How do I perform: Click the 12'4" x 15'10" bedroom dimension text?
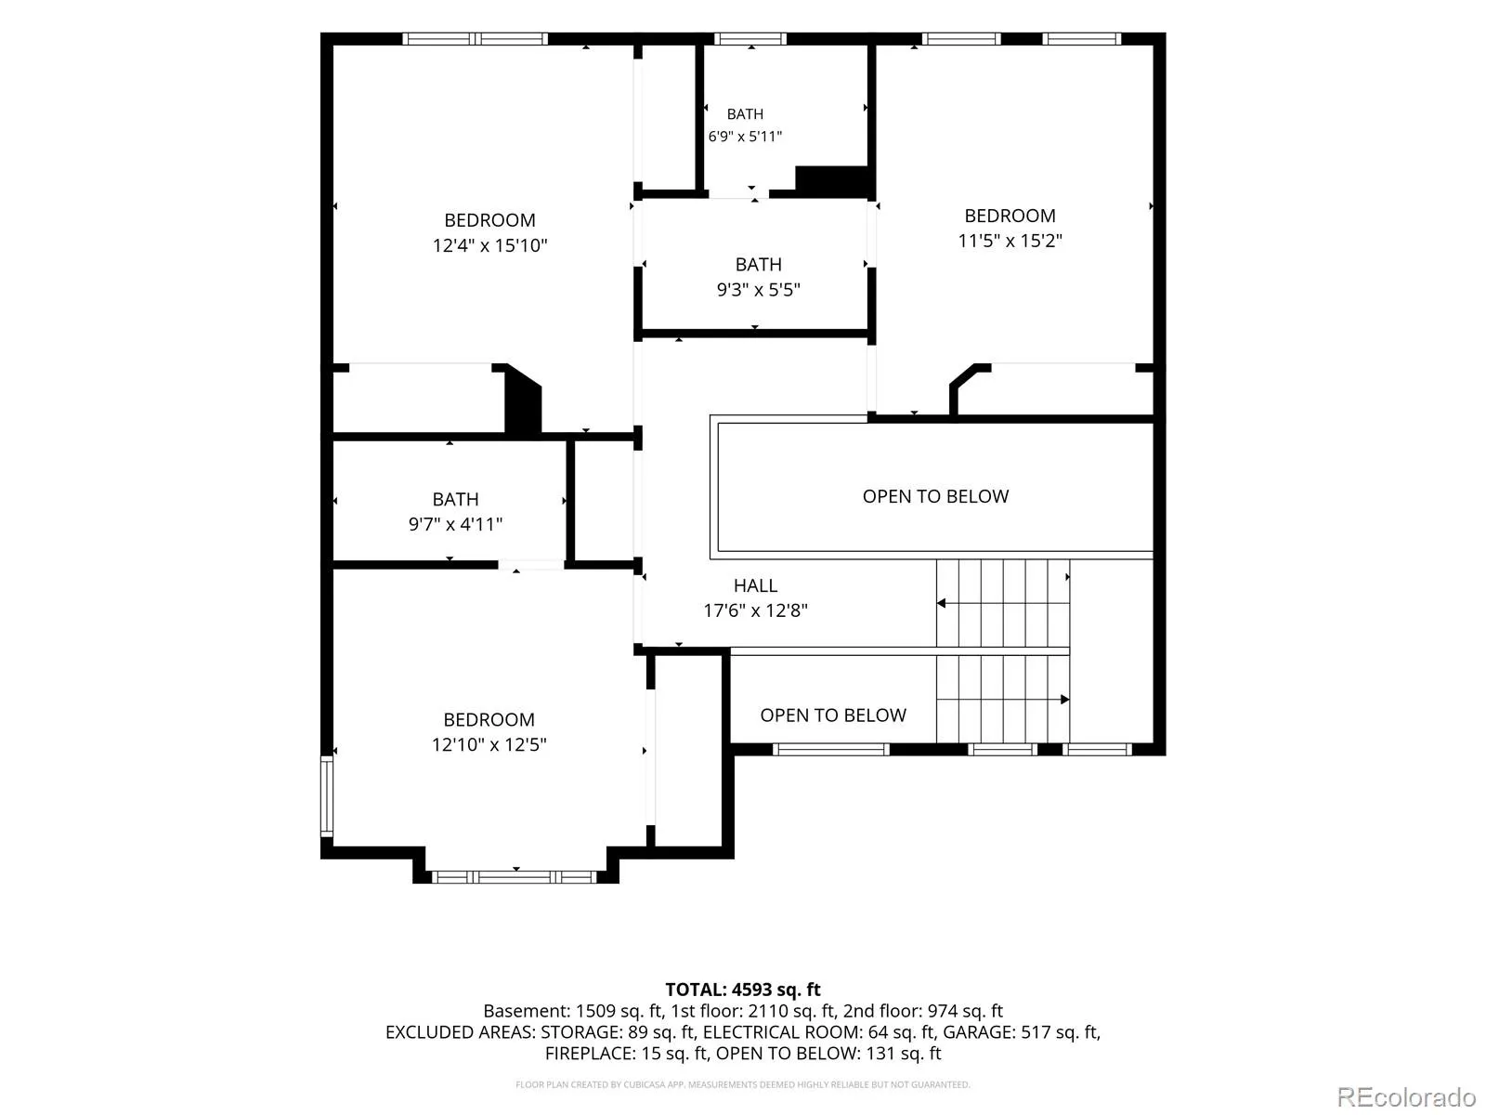tap(489, 245)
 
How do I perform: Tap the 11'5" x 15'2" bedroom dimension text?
tap(1010, 241)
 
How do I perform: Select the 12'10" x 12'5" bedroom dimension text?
tap(489, 744)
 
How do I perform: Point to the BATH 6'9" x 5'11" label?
tap(745, 125)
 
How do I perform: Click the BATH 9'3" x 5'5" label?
tap(758, 277)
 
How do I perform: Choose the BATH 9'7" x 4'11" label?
tap(455, 511)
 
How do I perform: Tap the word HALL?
tap(755, 585)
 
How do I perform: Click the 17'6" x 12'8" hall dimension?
tap(755, 610)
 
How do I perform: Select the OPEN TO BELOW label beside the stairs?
tap(833, 715)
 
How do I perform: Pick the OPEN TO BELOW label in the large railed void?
tap(935, 496)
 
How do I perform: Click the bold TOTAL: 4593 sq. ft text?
tap(743, 990)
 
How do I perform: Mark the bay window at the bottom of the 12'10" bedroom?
tap(514, 877)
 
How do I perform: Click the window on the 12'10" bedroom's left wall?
tap(327, 796)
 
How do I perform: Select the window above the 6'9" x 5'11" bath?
tap(750, 39)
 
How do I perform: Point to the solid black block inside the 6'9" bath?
tap(831, 181)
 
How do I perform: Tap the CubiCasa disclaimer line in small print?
tap(743, 1084)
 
